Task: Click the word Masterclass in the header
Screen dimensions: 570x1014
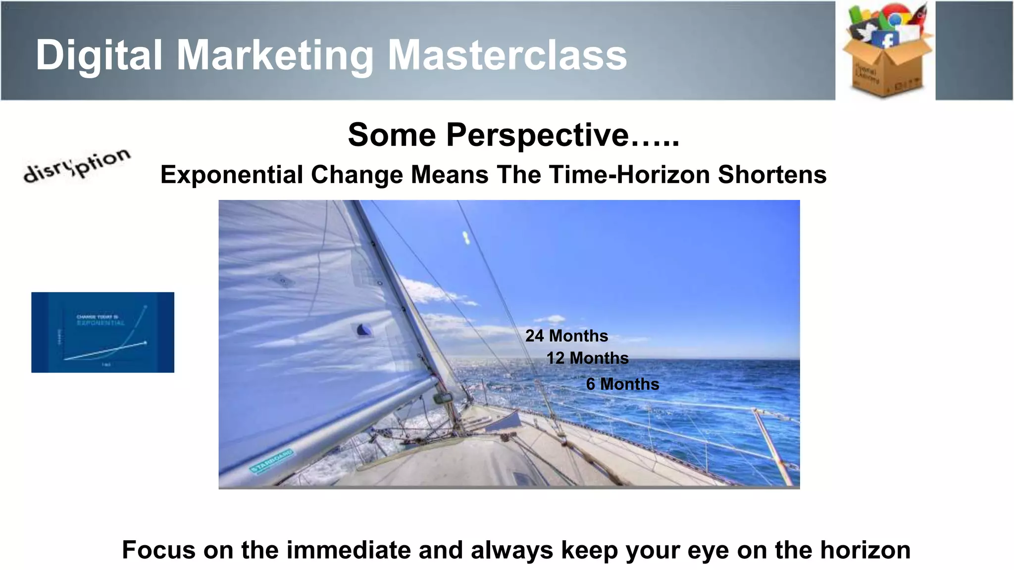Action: click(507, 55)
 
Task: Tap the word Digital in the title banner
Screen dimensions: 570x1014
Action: click(99, 55)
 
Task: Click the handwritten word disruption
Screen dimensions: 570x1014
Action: click(77, 165)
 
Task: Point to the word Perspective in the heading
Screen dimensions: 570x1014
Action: click(537, 135)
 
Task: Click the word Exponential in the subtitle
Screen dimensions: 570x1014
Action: click(232, 175)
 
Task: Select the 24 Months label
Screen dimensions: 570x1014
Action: click(566, 336)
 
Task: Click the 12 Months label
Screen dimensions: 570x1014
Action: click(587, 358)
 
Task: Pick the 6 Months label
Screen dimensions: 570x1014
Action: click(622, 384)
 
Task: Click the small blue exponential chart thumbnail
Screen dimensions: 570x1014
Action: click(102, 332)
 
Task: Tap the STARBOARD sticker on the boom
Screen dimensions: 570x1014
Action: click(271, 461)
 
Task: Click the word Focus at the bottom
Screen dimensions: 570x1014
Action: click(158, 550)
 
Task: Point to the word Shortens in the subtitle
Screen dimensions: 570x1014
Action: click(772, 175)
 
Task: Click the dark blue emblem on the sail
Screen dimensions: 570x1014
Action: click(364, 330)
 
